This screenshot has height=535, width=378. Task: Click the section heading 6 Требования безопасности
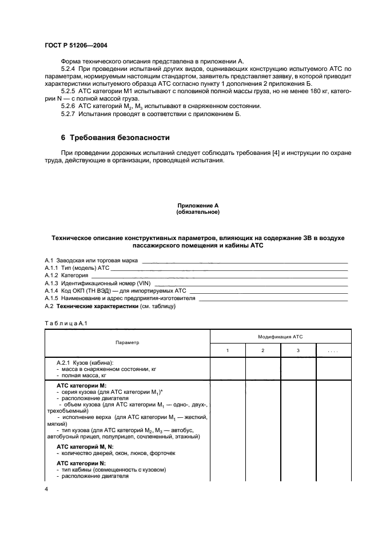pyautogui.click(x=115, y=138)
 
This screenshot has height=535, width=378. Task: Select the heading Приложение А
pyautogui.click(x=197, y=205)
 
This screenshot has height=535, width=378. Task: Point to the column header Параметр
pyautogui.click(x=127, y=342)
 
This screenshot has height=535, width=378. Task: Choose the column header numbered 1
pyautogui.click(x=228, y=350)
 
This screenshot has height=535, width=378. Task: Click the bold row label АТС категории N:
pyautogui.click(x=77, y=463)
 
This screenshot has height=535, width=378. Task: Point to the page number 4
pyautogui.click(x=46, y=489)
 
